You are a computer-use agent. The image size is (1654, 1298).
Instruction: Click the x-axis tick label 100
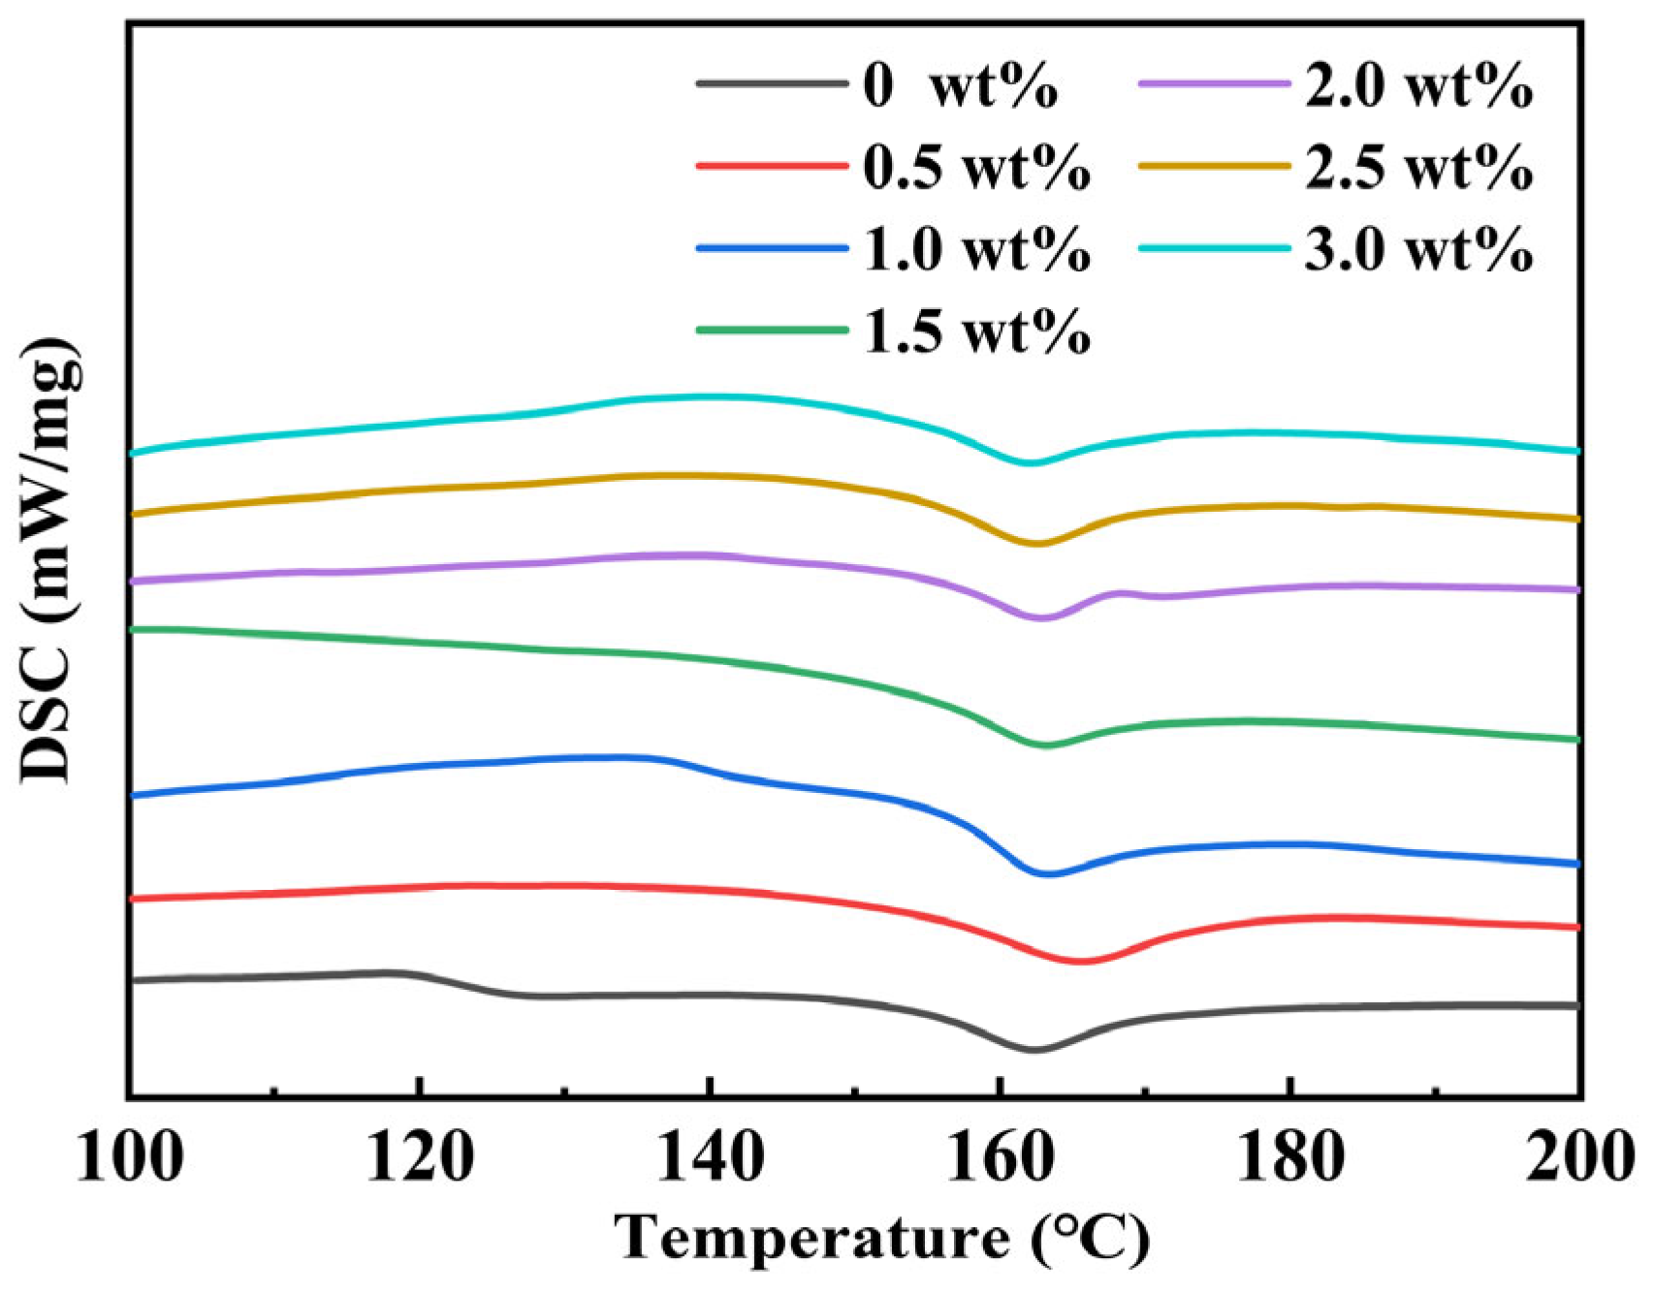click(x=129, y=1157)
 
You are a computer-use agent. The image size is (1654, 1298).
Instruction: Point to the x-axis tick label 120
click(x=419, y=1157)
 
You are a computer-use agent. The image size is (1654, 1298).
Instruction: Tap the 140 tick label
click(x=710, y=1157)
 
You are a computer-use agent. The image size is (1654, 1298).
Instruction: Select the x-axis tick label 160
click(x=1000, y=1157)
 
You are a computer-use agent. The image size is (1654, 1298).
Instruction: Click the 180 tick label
click(x=1290, y=1157)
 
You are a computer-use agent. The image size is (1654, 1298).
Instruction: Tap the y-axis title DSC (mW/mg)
click(x=48, y=559)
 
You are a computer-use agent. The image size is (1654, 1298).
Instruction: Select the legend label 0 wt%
click(x=960, y=85)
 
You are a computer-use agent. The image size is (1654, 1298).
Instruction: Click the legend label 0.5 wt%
click(x=976, y=167)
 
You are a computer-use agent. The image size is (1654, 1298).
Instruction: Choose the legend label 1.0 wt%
click(x=976, y=248)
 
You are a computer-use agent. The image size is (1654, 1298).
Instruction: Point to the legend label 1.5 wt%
click(x=976, y=331)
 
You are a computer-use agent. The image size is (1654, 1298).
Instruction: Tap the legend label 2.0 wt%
click(x=1418, y=85)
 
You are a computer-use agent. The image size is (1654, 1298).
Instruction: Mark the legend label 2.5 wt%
click(x=1418, y=167)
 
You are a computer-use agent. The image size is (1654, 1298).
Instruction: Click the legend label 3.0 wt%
click(x=1418, y=248)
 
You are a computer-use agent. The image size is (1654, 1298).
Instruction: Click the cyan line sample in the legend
click(x=1215, y=248)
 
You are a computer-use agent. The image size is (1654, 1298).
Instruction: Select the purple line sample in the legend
click(x=1215, y=84)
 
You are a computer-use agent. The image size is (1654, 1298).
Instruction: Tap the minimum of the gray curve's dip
click(x=1034, y=1049)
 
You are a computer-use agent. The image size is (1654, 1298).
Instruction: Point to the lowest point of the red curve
click(x=1082, y=961)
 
